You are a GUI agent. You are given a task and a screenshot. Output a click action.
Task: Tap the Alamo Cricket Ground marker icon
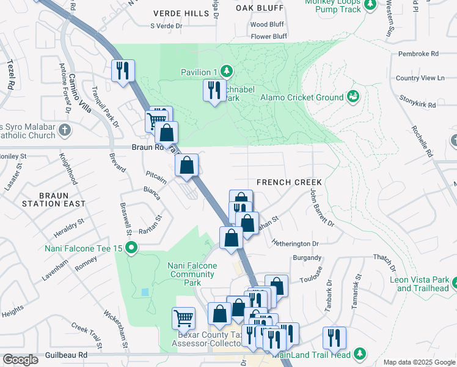pyautogui.click(x=353, y=97)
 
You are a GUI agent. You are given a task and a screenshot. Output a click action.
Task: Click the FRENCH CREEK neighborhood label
pyautogui.click(x=289, y=182)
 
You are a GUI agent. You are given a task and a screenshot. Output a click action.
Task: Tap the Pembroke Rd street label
pyautogui.click(x=419, y=54)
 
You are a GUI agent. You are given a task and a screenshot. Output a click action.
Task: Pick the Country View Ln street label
pyautogui.click(x=420, y=78)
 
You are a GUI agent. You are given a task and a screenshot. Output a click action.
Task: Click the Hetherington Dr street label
pyautogui.click(x=296, y=243)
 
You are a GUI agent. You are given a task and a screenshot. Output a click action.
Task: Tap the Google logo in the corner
pyautogui.click(x=21, y=360)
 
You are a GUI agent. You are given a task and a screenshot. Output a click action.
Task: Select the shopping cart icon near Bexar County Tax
pyautogui.click(x=183, y=317)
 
